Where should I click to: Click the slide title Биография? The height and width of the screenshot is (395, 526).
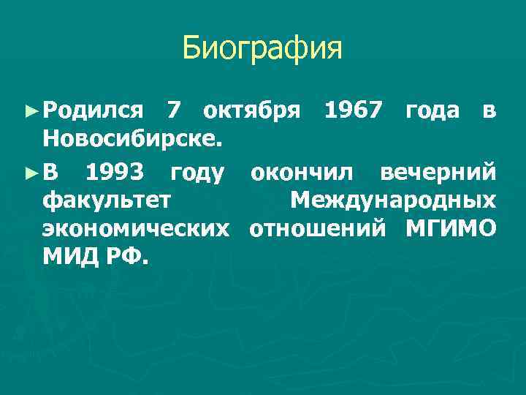[x=262, y=49]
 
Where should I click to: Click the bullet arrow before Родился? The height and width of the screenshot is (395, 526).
[x=30, y=110]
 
